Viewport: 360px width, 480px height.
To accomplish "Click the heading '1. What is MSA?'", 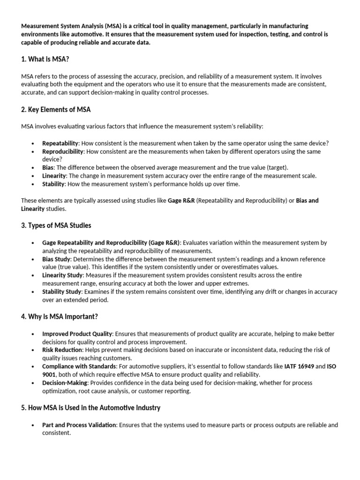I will [x=45, y=59].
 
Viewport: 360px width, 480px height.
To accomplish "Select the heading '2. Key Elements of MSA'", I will [x=56, y=110].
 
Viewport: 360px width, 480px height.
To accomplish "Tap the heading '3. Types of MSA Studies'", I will [x=56, y=225].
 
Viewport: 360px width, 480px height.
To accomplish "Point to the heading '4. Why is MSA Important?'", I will [x=60, y=316].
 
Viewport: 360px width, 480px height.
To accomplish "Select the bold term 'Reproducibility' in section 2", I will [x=63, y=151].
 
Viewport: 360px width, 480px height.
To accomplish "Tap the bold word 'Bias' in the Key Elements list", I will [x=48, y=167].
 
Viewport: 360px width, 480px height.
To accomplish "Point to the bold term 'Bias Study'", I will [x=56, y=259].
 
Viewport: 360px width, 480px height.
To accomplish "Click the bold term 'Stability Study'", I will [x=62, y=292].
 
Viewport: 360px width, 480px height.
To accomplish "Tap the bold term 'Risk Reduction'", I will [x=62, y=350].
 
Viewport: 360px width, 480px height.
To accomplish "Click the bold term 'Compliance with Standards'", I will [x=78, y=367].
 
